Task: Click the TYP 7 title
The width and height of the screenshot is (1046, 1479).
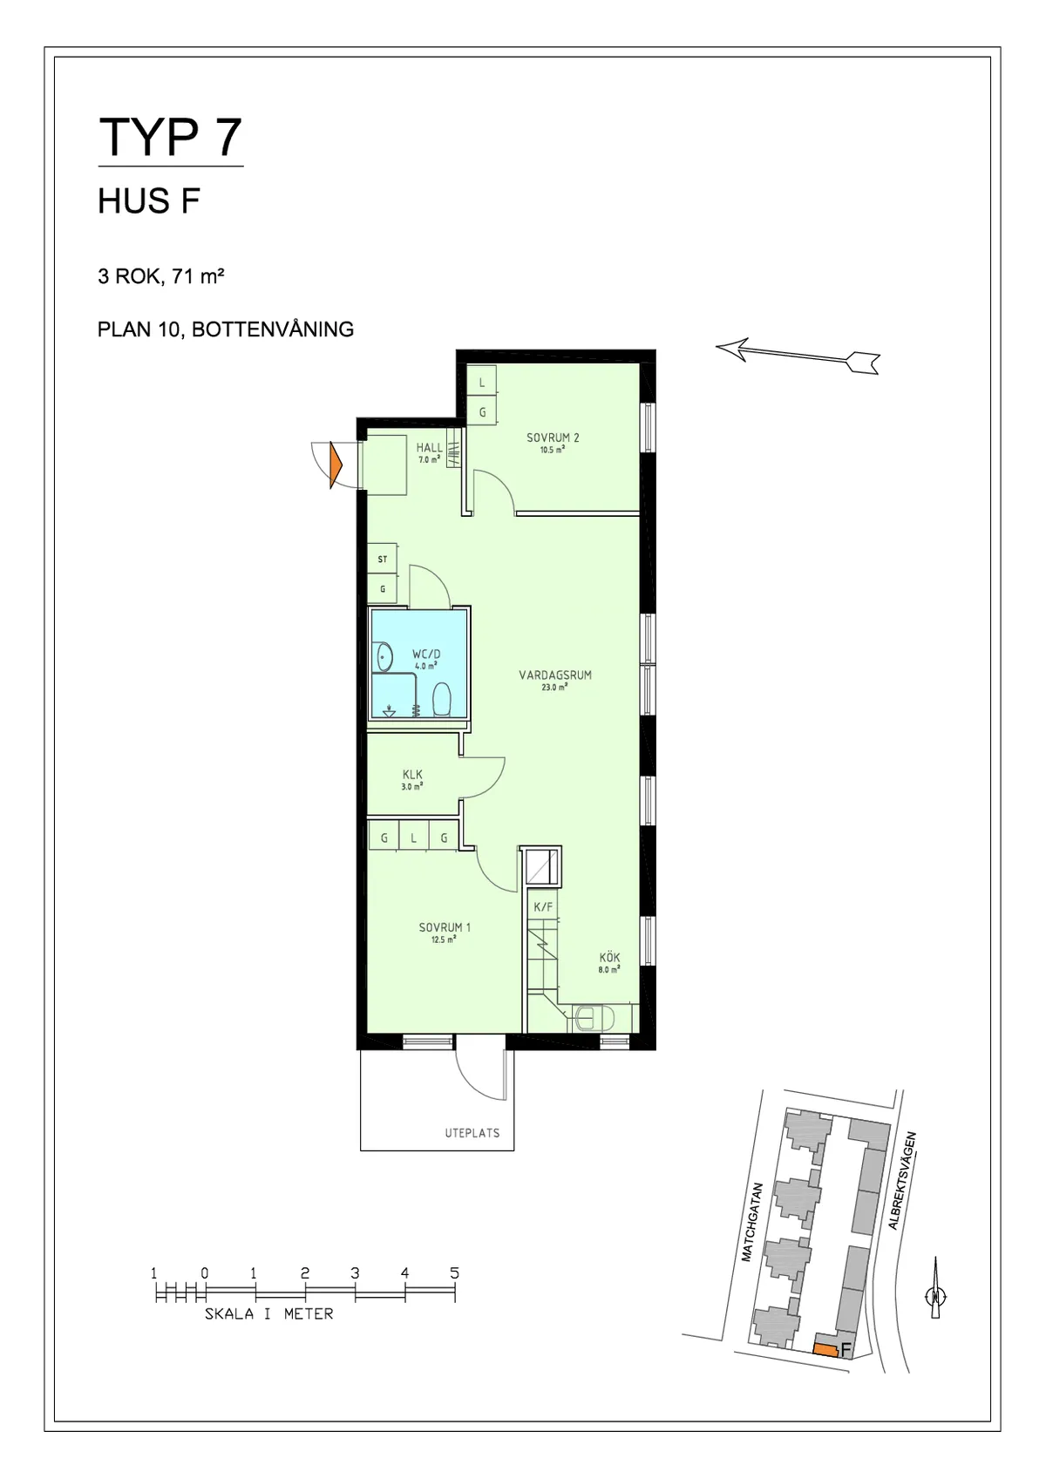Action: coord(170,137)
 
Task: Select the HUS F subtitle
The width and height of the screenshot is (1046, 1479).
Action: coord(149,201)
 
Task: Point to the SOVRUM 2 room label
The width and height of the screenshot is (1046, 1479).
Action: coord(553,438)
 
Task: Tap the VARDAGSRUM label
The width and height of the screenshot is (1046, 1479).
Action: coord(555,675)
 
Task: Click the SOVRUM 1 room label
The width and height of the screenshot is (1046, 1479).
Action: coord(445,927)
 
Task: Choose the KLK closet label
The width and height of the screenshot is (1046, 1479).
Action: coord(412,774)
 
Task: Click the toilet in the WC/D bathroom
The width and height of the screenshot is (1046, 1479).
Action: coord(440,699)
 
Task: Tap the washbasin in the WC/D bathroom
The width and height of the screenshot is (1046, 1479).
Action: coord(382,656)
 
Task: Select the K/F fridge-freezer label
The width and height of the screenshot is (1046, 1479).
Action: coord(543,907)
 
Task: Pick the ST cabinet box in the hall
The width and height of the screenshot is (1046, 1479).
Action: coord(383,560)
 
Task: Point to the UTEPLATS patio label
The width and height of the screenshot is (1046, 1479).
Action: coord(472,1133)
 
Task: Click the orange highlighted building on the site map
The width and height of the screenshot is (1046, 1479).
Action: coord(825,1349)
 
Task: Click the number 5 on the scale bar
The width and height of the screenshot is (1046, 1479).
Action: coord(454,1273)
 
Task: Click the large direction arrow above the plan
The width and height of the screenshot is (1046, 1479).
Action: coord(798,355)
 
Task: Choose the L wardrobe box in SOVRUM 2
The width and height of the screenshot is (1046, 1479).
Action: coord(482,383)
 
